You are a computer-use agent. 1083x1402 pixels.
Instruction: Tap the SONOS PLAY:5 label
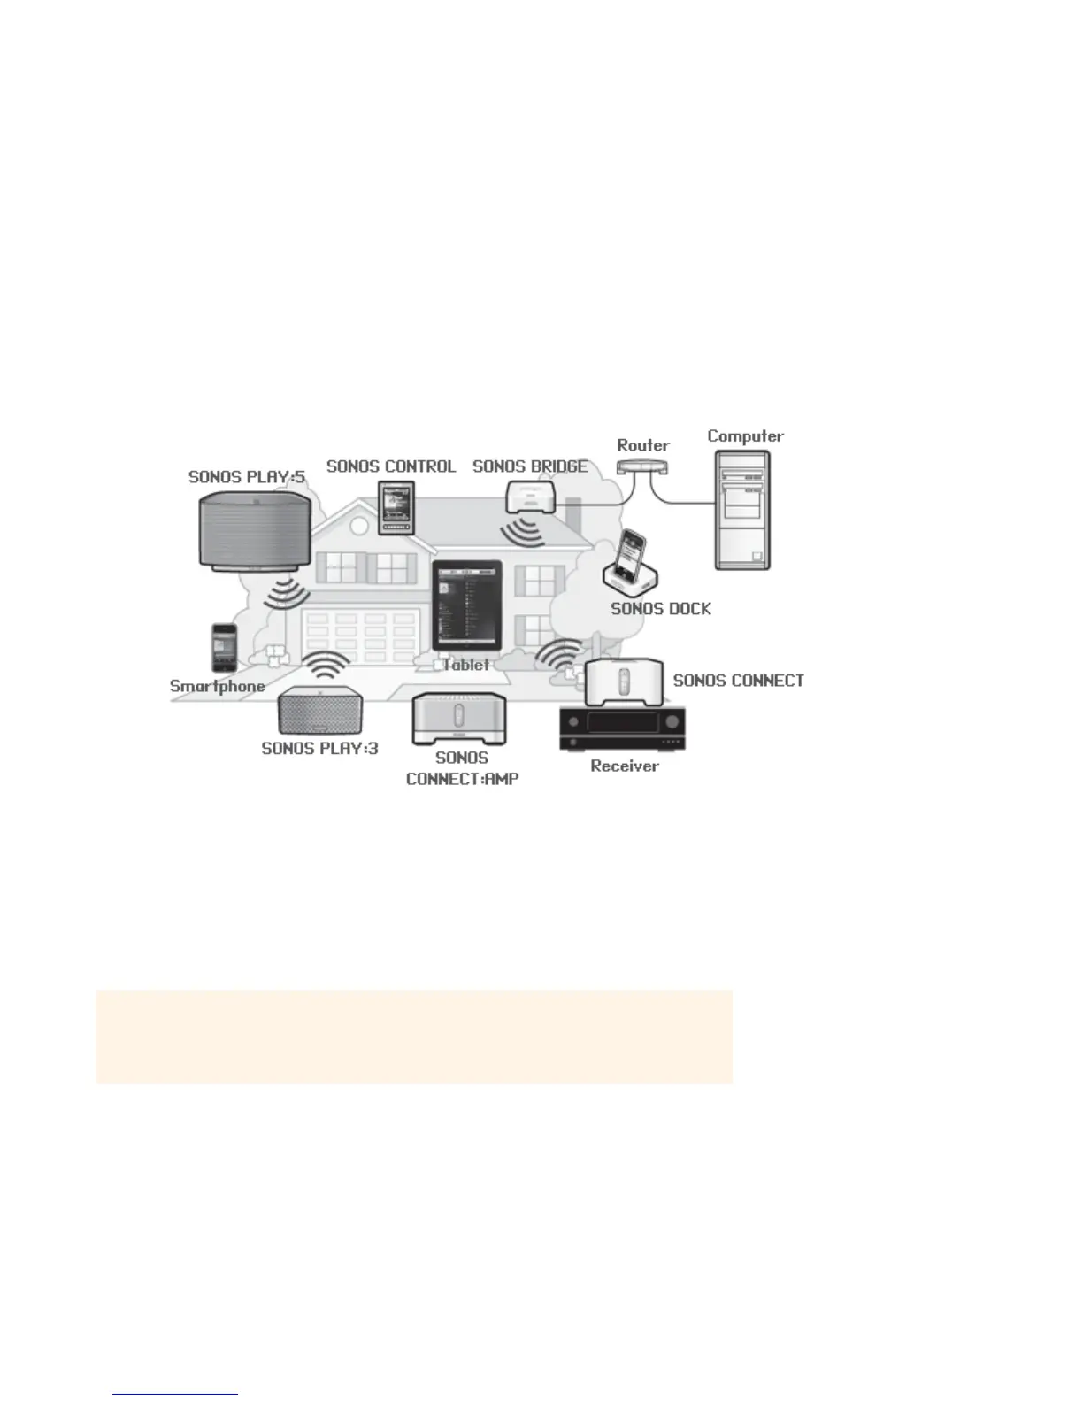pos(247,477)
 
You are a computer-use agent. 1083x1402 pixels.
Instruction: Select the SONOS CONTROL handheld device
pos(396,508)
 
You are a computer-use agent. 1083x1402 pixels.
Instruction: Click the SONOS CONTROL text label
pos(391,466)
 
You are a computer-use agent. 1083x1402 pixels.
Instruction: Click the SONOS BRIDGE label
pos(530,466)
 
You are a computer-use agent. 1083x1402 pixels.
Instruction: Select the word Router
pos(643,445)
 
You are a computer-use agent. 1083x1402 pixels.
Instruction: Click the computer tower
pos(742,510)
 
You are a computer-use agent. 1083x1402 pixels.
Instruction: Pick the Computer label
pos(745,435)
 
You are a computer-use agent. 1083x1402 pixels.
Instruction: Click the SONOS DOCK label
pos(661,609)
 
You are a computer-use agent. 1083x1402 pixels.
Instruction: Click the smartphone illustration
pos(224,648)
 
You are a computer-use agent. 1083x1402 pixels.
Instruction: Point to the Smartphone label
pos(218,686)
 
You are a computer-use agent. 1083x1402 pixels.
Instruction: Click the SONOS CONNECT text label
pos(739,681)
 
